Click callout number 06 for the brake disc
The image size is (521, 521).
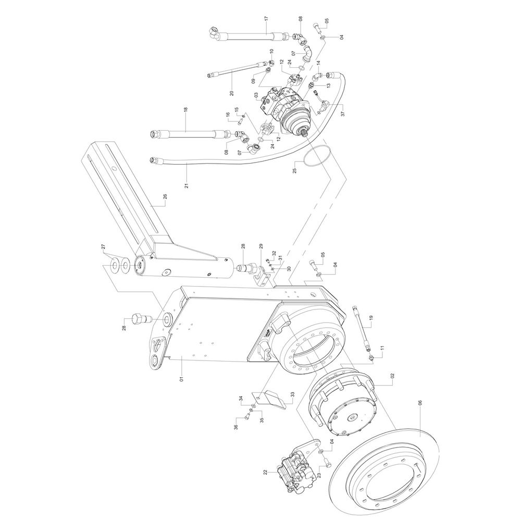click(x=420, y=404)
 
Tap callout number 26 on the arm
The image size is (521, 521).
click(x=165, y=197)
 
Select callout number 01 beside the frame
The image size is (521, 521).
click(x=181, y=379)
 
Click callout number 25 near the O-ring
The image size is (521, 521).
click(x=294, y=170)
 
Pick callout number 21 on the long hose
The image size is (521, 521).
click(x=187, y=185)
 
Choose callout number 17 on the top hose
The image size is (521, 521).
click(x=266, y=19)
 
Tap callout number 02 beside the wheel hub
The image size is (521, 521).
click(x=392, y=376)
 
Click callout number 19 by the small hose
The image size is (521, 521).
click(x=371, y=318)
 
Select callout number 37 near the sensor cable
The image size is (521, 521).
click(x=343, y=113)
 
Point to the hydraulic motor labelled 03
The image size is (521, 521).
click(x=286, y=108)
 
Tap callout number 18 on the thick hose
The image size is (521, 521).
click(x=186, y=109)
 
